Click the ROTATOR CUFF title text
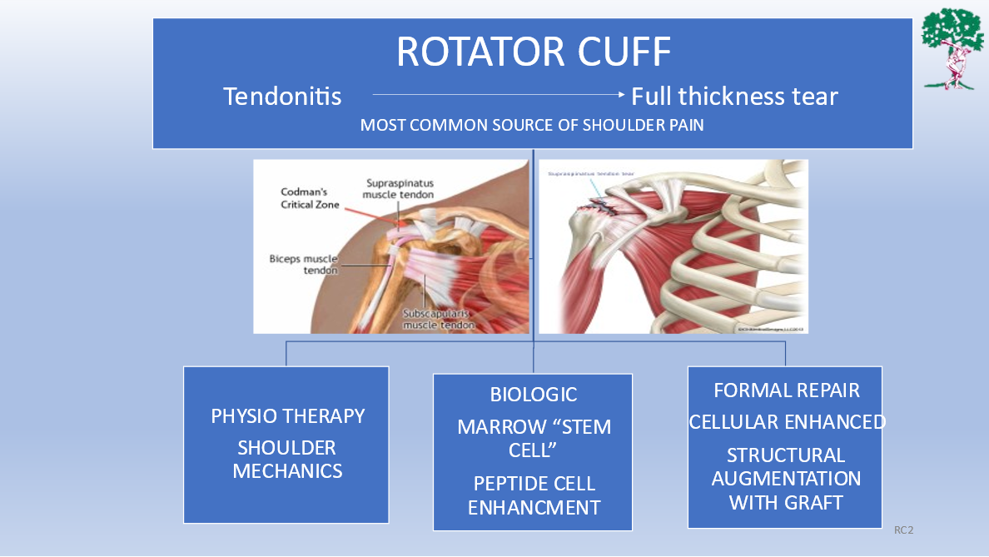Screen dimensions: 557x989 click(x=533, y=52)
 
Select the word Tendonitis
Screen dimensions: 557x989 click(x=282, y=97)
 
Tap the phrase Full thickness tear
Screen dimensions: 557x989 click(x=734, y=97)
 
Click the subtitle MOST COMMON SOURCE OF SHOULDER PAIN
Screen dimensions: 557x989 click(x=533, y=126)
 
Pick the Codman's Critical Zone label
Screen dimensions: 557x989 click(x=310, y=198)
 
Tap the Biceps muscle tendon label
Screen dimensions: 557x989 click(x=303, y=264)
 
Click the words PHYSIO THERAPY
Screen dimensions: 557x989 click(x=287, y=415)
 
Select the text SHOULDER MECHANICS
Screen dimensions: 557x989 click(x=287, y=459)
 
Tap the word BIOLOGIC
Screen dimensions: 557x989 click(x=533, y=395)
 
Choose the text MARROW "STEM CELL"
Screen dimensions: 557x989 click(x=533, y=439)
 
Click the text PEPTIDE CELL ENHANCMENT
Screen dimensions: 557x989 click(x=533, y=495)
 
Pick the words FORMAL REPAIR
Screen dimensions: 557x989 click(x=786, y=390)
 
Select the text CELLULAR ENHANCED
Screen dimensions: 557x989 click(x=786, y=422)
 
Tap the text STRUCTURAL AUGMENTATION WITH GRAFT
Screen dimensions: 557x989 click(x=786, y=479)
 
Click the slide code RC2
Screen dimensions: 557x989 click(x=903, y=530)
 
